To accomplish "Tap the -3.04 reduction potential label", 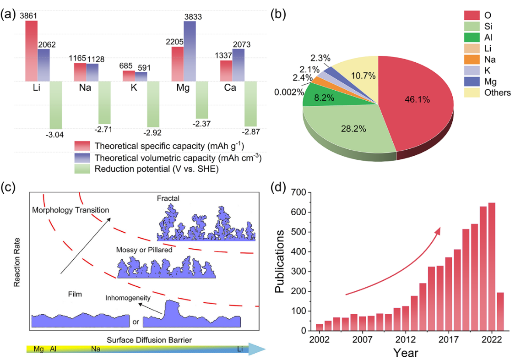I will pos(55,134).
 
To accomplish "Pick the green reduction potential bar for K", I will pos(153,104).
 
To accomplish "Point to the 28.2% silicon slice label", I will pos(353,129).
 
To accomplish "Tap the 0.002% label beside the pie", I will pos(287,92).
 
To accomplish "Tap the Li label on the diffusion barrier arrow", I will pos(240,349).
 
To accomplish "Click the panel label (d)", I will pos(280,188).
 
